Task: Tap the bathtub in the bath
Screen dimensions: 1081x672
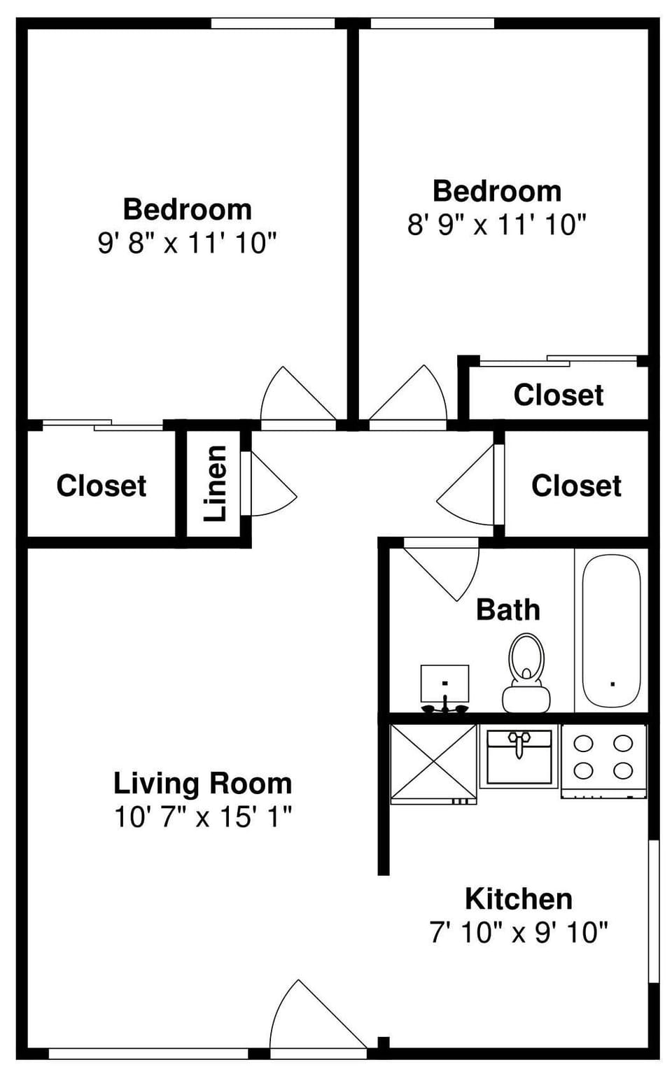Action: pos(611,630)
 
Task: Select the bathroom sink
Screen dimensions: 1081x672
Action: pos(444,686)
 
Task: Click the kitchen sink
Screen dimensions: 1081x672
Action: pos(519,758)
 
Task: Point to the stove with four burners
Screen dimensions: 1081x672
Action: pos(603,758)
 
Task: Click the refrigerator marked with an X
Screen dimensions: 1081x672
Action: pos(433,762)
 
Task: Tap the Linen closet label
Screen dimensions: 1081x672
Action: pos(216,483)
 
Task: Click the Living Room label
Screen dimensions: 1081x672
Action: pos(202,783)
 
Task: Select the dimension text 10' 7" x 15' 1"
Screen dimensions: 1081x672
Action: pos(202,817)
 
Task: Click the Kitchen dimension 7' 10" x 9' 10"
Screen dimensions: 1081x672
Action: pos(518,932)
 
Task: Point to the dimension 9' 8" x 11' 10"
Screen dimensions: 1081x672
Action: pos(187,243)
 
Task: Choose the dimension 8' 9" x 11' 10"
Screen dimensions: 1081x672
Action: pos(496,225)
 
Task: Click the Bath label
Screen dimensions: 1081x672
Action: pos(508,609)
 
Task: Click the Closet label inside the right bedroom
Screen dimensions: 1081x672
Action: pos(558,395)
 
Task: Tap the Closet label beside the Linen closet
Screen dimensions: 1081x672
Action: pos(101,486)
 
